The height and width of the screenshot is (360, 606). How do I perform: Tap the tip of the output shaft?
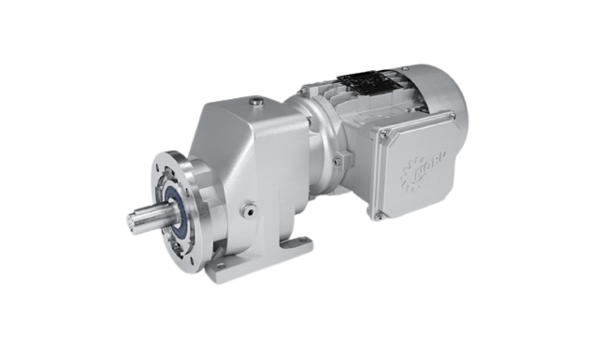click(132, 223)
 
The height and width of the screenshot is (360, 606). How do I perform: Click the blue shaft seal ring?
click(175, 209)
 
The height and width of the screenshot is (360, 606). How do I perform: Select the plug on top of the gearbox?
click(255, 101)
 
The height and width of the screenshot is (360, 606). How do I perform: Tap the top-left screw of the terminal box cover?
click(383, 134)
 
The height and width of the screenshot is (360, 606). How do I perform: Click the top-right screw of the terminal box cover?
click(453, 116)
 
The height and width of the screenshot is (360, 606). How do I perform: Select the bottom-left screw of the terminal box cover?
click(378, 217)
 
